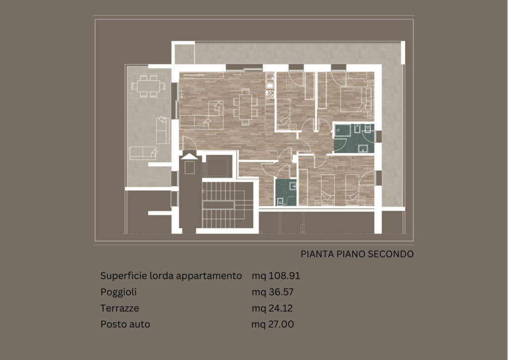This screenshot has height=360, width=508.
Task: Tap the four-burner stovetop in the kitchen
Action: [270, 94]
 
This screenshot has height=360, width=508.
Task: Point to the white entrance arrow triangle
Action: [189, 156]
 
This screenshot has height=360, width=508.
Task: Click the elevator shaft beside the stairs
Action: [217, 167]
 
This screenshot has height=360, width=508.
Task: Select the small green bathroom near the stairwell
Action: [286, 192]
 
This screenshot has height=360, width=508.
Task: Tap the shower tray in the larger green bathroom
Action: [343, 130]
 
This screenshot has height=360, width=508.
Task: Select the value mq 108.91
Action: [276, 276]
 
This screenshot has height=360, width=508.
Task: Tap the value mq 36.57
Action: [272, 292]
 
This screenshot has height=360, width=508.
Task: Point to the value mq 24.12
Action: [272, 308]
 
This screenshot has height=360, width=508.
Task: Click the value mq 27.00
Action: [273, 324]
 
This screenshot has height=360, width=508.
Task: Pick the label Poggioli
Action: [119, 293]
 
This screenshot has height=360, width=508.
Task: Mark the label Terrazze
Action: [120, 308]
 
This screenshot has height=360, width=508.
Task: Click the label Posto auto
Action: [126, 324]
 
